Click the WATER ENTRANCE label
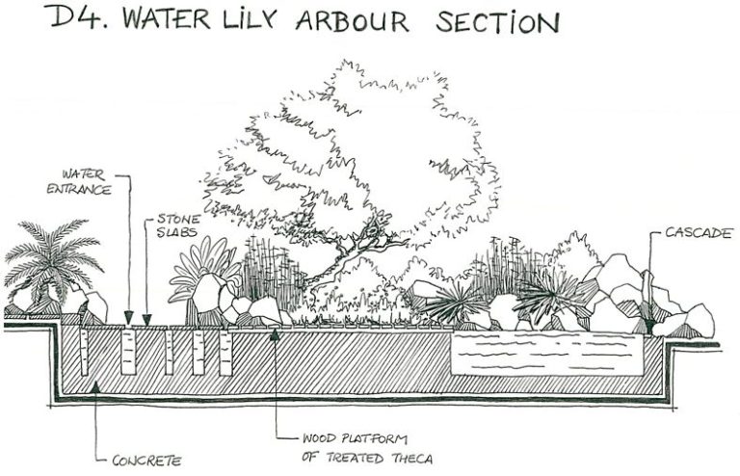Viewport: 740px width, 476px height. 86,182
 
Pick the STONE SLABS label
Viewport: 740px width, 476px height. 178,226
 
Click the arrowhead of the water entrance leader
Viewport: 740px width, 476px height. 128,320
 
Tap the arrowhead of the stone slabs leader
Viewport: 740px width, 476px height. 146,320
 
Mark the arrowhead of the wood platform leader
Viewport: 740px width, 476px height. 277,332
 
